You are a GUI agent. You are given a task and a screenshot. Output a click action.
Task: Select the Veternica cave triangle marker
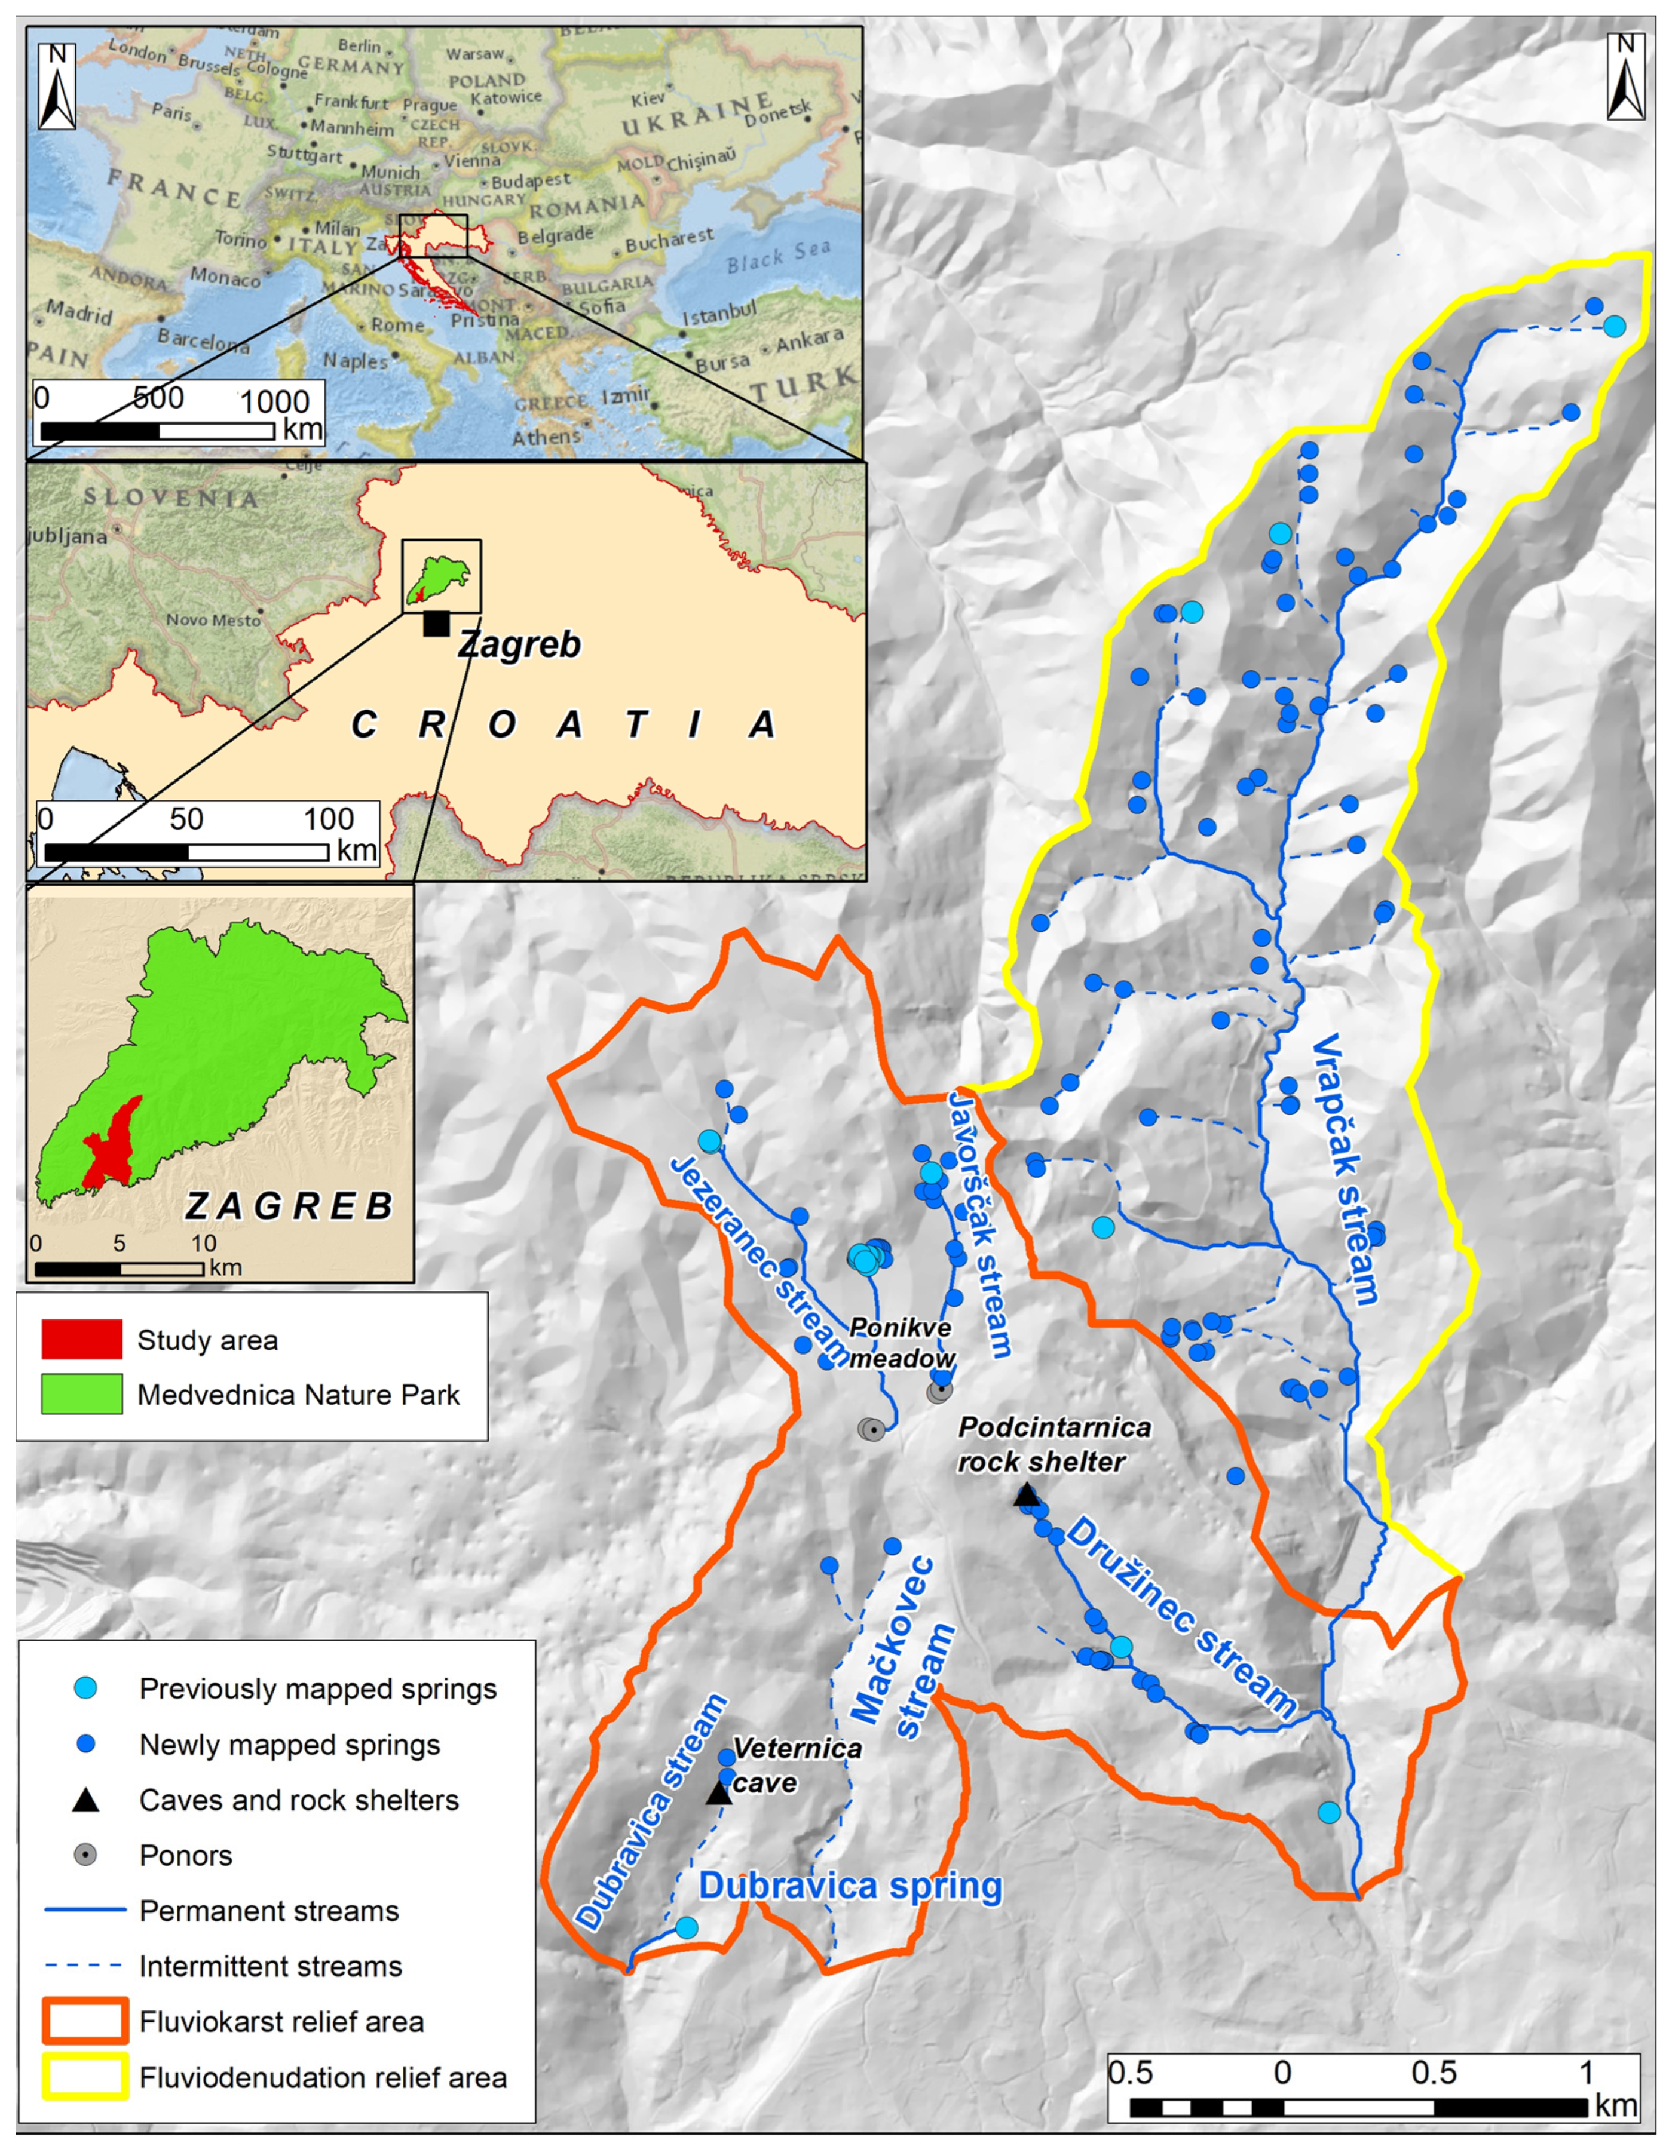[x=718, y=1793]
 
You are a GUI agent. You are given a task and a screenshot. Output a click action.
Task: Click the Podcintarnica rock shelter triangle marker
[x=1026, y=1496]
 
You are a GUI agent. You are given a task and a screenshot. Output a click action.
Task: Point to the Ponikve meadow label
[x=901, y=1342]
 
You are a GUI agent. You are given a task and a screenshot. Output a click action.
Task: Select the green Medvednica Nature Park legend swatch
[x=82, y=1394]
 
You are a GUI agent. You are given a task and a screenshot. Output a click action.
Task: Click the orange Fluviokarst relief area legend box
[x=84, y=2021]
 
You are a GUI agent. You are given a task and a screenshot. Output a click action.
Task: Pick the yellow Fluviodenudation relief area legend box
[x=84, y=2077]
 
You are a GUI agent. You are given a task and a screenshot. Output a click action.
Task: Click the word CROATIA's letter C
[x=364, y=725]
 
